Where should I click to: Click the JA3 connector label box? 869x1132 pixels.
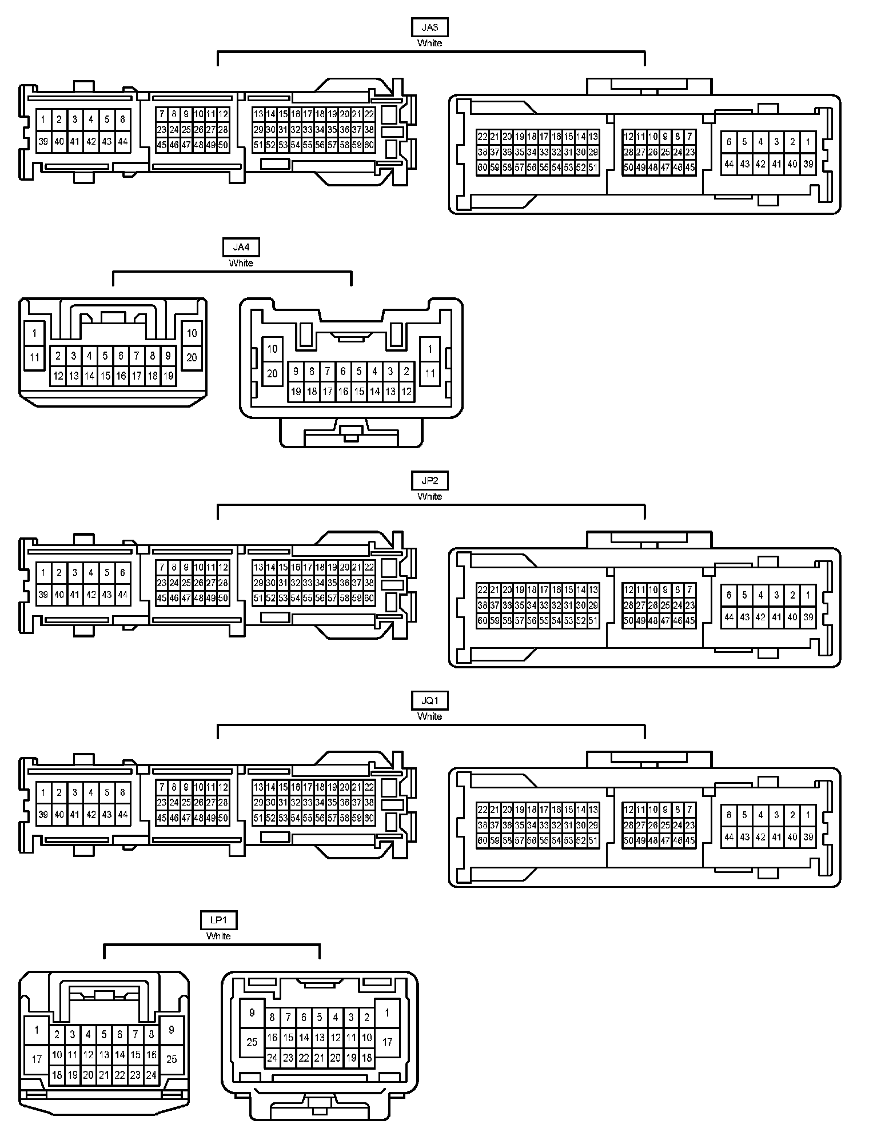pyautogui.click(x=429, y=27)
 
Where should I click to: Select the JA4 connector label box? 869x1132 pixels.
pyautogui.click(x=241, y=248)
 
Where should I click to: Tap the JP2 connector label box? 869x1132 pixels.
pyautogui.click(x=429, y=481)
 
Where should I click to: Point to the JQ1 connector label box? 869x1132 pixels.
pyautogui.click(x=429, y=701)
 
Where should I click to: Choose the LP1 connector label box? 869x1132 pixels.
pyautogui.click(x=218, y=920)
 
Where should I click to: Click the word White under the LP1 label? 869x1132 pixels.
pyautogui.click(x=218, y=936)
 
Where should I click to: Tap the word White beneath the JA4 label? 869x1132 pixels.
pyautogui.click(x=241, y=263)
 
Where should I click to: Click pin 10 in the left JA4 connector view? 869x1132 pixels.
pyautogui.click(x=192, y=333)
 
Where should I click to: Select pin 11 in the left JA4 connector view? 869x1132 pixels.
pyautogui.click(x=34, y=358)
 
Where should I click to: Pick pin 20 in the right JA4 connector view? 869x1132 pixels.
pyautogui.click(x=272, y=373)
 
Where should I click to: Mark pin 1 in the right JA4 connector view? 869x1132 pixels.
pyautogui.click(x=429, y=348)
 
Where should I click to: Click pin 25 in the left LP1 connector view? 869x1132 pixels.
pyautogui.click(x=172, y=1059)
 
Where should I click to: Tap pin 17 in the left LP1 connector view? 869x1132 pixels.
pyautogui.click(x=37, y=1059)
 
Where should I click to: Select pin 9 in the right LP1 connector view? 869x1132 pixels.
pyautogui.click(x=252, y=1013)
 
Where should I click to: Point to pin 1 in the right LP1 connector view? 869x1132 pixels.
pyautogui.click(x=387, y=1013)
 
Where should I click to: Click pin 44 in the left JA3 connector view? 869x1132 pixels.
pyautogui.click(x=122, y=141)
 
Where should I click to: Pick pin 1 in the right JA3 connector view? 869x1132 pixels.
pyautogui.click(x=808, y=142)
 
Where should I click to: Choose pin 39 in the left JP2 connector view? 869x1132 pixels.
pyautogui.click(x=43, y=595)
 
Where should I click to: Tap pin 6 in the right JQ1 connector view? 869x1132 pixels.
pyautogui.click(x=728, y=815)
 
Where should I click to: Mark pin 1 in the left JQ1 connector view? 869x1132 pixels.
pyautogui.click(x=43, y=792)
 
